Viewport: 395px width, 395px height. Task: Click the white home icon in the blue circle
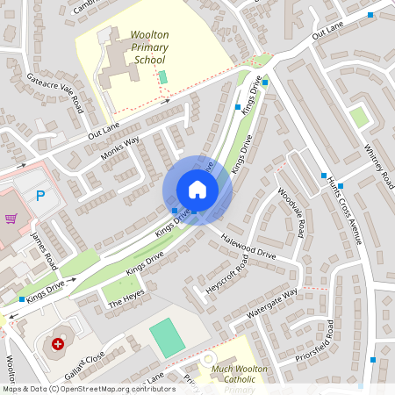197,189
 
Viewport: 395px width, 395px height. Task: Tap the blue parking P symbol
40,196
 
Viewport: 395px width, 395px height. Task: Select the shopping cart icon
11,219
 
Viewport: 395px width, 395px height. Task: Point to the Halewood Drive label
249,247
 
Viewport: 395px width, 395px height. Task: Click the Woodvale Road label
291,213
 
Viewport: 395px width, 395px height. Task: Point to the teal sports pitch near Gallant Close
167,338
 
